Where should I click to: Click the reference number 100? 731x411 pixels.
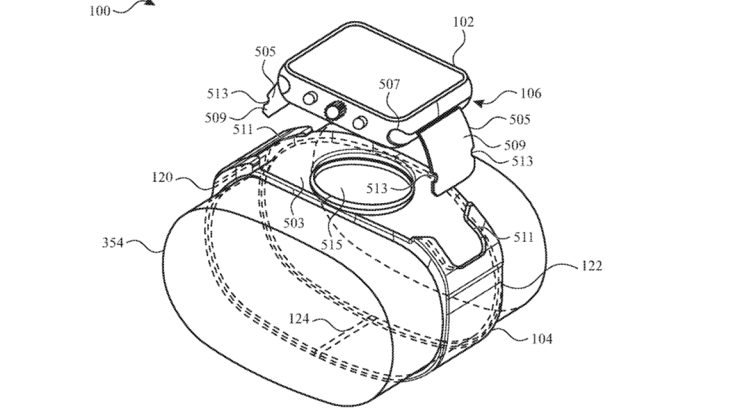tap(99, 11)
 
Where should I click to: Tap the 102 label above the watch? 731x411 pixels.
tap(464, 22)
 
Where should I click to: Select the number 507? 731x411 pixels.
tap(389, 85)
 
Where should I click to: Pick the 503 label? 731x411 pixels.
tap(294, 222)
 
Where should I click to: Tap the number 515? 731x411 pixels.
tap(331, 244)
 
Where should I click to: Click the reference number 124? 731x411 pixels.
tap(300, 320)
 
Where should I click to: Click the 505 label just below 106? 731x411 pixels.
tap(519, 119)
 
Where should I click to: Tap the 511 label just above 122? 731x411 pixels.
tap(523, 237)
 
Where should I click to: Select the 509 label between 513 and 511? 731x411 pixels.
tap(215, 117)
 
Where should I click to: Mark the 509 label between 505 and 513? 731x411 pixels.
tap(515, 145)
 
